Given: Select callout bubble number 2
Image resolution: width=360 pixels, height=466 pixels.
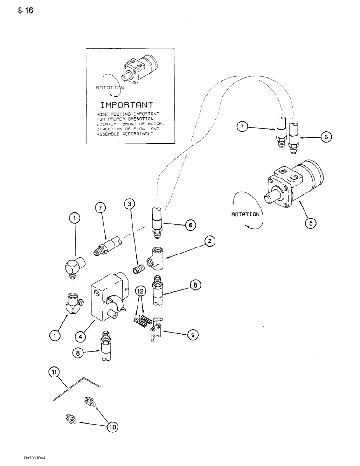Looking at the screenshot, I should coord(210,241).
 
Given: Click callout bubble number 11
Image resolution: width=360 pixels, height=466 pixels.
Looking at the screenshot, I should coord(54,371).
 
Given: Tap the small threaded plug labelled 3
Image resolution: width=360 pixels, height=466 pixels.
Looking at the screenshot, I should coord(138,270).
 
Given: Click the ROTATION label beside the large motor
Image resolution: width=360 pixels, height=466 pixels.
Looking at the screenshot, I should coord(245,215).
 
